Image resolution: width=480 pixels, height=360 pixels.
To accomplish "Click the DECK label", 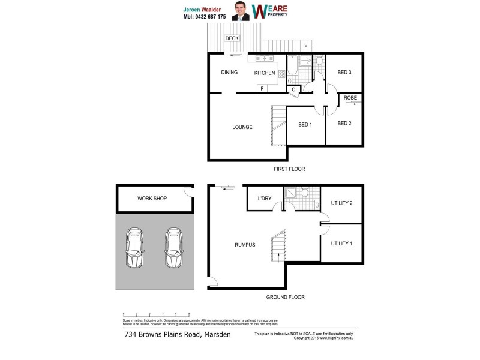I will click(x=232, y=38).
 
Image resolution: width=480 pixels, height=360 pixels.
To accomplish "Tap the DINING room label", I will click(x=229, y=73).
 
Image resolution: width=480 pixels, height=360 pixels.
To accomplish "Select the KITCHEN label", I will click(x=265, y=73).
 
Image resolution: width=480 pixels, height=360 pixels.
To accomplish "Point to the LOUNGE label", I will click(x=242, y=127).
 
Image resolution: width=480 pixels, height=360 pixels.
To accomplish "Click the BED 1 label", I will click(x=305, y=125).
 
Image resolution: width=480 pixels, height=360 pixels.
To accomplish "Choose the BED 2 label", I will click(x=344, y=124).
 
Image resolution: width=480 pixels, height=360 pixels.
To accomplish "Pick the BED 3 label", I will click(x=344, y=73).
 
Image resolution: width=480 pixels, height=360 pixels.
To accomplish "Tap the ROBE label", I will click(x=350, y=97).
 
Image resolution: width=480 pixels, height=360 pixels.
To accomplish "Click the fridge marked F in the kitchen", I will click(x=262, y=89).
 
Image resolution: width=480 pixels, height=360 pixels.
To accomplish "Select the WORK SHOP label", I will click(x=152, y=199).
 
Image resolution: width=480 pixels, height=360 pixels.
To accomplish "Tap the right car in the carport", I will click(x=174, y=249).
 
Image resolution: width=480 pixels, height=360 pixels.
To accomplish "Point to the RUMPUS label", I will click(x=245, y=245).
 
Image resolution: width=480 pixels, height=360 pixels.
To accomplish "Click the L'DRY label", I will click(x=265, y=199).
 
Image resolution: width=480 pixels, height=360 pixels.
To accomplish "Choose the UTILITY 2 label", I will click(x=341, y=203).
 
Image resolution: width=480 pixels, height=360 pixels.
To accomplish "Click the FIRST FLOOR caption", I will click(x=289, y=170).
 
